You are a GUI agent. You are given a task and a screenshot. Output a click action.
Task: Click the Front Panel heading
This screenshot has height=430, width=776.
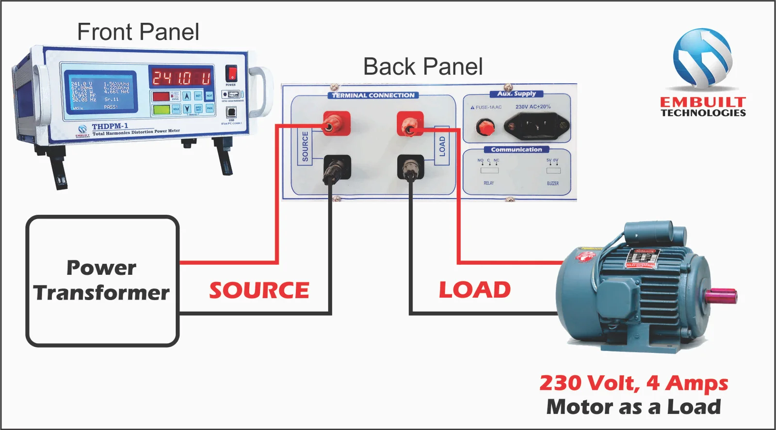(x=138, y=32)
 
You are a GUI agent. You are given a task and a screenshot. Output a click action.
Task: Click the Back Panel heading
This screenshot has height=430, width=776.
(x=423, y=66)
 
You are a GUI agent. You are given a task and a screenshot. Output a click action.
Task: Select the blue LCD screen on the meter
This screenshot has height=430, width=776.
(x=101, y=92)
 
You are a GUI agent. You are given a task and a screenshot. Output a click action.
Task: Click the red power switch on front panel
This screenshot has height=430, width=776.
(x=232, y=74)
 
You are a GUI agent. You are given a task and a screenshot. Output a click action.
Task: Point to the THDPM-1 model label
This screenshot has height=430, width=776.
(x=110, y=126)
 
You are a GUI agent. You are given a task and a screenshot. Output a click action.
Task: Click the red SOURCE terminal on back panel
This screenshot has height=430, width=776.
(x=336, y=124)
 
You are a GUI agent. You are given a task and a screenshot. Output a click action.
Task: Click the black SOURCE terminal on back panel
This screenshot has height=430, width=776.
(x=336, y=167)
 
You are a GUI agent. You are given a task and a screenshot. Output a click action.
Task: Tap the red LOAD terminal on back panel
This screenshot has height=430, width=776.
(x=410, y=124)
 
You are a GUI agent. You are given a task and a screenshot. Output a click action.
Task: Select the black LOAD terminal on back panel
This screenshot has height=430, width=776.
(x=410, y=167)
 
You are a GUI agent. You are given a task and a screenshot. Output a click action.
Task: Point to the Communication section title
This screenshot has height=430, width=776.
(x=516, y=149)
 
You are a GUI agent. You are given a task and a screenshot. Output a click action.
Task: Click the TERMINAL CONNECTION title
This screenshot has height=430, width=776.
(x=373, y=96)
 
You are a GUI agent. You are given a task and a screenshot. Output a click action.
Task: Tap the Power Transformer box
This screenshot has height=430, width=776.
(x=102, y=281)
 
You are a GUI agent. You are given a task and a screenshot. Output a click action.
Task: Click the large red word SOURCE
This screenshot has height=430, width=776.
(x=259, y=290)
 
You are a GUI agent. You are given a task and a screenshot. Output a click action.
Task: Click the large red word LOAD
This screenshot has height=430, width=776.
(x=475, y=290)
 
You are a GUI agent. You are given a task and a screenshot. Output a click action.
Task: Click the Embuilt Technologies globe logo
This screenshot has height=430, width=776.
(x=703, y=58)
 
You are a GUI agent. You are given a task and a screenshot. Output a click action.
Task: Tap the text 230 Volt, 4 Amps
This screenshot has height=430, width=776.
(x=633, y=383)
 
